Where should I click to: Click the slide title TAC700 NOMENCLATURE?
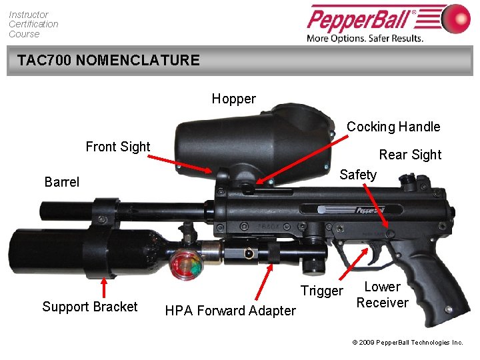coord(108,60)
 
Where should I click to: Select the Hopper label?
coord(233,99)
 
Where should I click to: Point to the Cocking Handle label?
coord(393,127)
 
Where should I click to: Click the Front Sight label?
coord(118,147)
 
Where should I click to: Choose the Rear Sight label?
coord(410,155)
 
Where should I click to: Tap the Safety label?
coord(358,175)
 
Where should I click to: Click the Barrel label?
coord(61,182)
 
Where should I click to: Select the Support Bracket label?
coord(90,307)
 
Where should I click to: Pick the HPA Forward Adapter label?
coord(230,311)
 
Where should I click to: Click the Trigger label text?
coord(321,291)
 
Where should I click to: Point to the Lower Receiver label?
coord(382,295)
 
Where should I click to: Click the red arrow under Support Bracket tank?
coord(103,287)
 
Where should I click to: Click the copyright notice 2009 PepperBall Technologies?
coord(407,342)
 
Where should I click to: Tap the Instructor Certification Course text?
coord(33,24)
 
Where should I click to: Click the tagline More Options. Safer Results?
coord(365,38)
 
